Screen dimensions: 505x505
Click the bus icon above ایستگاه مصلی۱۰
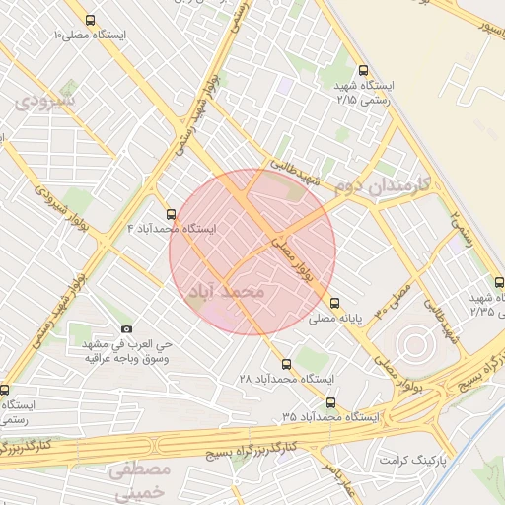click(91, 20)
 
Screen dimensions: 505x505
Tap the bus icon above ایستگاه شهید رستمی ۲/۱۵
click(364, 71)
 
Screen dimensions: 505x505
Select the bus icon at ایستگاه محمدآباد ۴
click(171, 214)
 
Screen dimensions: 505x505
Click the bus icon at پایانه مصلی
click(335, 304)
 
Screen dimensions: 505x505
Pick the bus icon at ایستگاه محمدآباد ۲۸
click(286, 364)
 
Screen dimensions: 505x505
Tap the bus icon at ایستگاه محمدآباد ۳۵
click(329, 402)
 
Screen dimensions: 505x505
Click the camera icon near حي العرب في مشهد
click(126, 328)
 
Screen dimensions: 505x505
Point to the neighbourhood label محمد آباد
click(226, 293)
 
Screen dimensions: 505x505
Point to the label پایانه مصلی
click(367, 319)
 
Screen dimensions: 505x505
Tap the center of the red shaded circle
click(252, 252)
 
